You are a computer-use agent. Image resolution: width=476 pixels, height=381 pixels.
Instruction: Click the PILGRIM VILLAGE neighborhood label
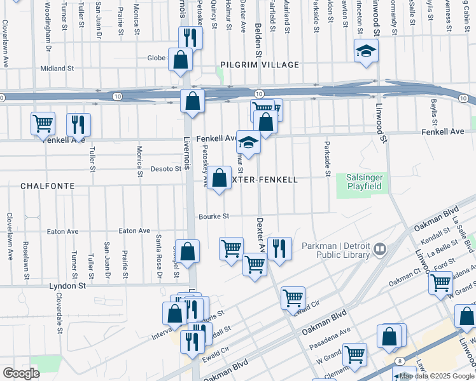[259, 65]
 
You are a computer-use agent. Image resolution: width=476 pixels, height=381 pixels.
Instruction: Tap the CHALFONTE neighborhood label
[47, 186]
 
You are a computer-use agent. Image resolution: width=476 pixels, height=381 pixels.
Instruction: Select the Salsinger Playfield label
[363, 182]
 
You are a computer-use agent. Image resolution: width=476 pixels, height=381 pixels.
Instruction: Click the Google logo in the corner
[20, 373]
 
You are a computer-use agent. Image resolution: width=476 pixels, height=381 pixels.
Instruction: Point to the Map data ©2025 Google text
[437, 376]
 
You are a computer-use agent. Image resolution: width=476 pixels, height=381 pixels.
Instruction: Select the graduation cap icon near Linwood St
[367, 51]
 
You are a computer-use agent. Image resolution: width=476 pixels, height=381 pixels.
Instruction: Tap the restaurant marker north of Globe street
[190, 36]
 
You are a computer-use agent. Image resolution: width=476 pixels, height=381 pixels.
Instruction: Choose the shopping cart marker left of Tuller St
[43, 123]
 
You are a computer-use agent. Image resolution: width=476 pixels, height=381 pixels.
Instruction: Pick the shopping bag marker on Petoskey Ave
[220, 178]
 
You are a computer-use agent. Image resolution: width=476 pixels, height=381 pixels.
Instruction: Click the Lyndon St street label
[67, 286]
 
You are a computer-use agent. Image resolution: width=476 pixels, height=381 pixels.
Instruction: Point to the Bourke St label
[214, 217]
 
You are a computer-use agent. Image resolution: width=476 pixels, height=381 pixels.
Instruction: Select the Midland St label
[57, 69]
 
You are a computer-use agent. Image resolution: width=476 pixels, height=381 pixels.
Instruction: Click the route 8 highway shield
[398, 360]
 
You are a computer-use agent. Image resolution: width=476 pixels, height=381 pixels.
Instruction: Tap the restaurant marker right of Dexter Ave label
[279, 248]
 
